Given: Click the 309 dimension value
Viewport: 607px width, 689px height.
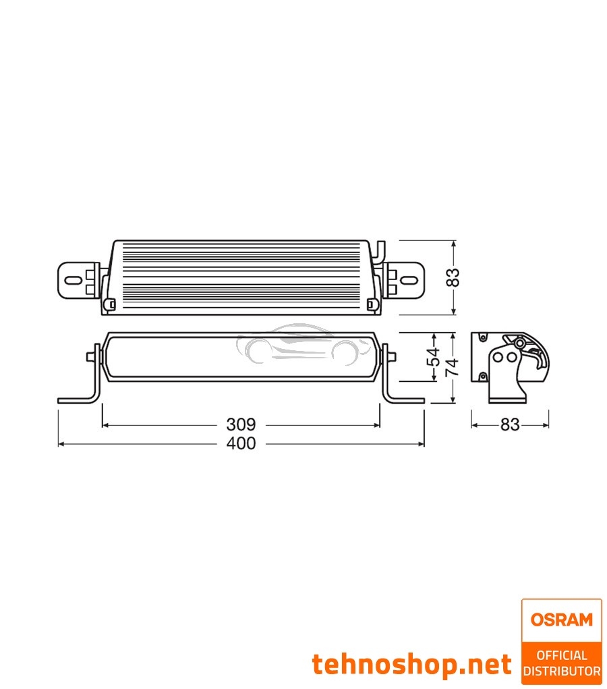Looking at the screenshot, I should pos(241,424).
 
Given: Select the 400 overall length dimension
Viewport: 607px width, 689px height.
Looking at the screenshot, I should pos(241,443).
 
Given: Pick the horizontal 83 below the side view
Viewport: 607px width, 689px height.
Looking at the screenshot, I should pos(510,425).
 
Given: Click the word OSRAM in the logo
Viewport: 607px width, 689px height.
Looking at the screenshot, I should pos(561,619).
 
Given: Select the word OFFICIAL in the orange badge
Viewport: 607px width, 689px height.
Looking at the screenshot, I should pos(561,655).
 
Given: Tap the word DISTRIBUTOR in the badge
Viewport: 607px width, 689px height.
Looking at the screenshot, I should pos(561,671).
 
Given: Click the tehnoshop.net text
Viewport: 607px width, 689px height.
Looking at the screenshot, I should pos(411,664).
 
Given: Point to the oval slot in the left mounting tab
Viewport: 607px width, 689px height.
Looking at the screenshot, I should pos(72,279).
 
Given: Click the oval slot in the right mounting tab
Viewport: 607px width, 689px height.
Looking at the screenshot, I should pos(409,279).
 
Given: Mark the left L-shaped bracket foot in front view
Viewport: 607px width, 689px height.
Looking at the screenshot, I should pos(78,398).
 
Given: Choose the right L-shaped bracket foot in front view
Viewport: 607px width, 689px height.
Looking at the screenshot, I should pos(405,398).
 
